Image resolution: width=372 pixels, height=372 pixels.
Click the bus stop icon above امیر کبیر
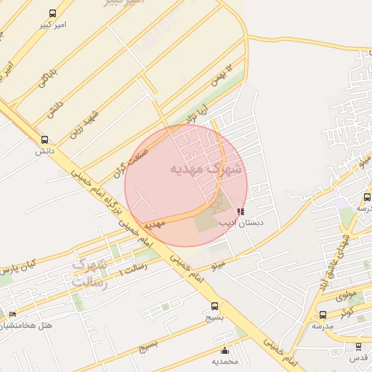(x=52, y=14)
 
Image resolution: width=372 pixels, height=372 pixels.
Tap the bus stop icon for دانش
(x=45, y=140)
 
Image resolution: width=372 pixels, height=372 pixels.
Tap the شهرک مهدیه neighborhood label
(x=207, y=169)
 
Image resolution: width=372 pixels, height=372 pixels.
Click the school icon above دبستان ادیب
(x=240, y=211)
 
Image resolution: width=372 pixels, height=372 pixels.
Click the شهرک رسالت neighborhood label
(x=89, y=273)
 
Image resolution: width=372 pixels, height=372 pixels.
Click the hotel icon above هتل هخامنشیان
(x=12, y=314)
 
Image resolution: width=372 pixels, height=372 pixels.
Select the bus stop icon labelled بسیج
(x=214, y=306)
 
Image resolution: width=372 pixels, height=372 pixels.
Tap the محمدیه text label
(x=225, y=361)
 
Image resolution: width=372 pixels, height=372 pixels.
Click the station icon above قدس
(x=358, y=347)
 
